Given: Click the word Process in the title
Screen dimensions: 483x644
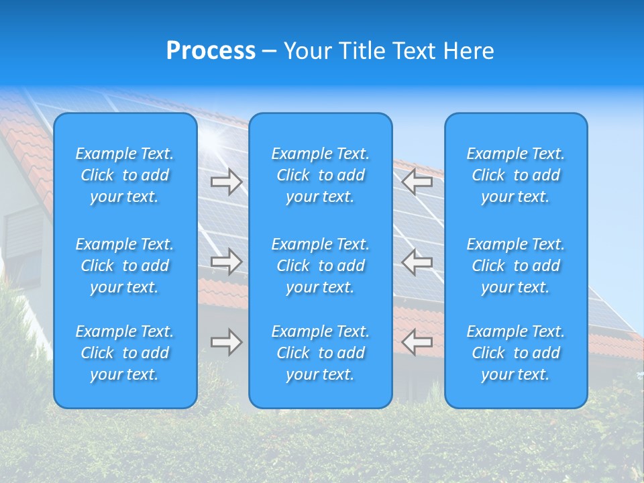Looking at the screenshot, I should [211, 51].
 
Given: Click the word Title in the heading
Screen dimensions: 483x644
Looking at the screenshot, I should [360, 51].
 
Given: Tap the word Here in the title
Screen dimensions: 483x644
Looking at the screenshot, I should [468, 51].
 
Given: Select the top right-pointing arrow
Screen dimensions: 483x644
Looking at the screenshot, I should [226, 182].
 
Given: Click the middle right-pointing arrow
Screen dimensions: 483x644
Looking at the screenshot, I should [226, 262].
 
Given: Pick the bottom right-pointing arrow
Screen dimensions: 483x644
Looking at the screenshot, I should [226, 342].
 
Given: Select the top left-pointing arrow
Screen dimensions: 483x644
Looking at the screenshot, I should [417, 182].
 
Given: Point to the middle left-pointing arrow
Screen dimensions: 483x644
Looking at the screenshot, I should [417, 262].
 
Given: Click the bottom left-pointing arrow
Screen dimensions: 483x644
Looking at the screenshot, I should [417, 342].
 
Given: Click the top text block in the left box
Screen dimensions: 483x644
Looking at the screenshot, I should [125, 175].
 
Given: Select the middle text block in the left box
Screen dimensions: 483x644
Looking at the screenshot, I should [125, 266].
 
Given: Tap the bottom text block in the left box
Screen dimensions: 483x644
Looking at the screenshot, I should [125, 353].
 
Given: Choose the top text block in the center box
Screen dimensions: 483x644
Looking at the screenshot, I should [320, 175].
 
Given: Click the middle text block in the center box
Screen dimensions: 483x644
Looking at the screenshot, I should [320, 266].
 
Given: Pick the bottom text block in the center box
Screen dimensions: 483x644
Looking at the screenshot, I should [320, 353].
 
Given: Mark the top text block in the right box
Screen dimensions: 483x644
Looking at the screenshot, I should [515, 175].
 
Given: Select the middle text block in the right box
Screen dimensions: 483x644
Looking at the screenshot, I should [515, 266].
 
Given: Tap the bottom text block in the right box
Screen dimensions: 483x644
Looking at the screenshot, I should [515, 353].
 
